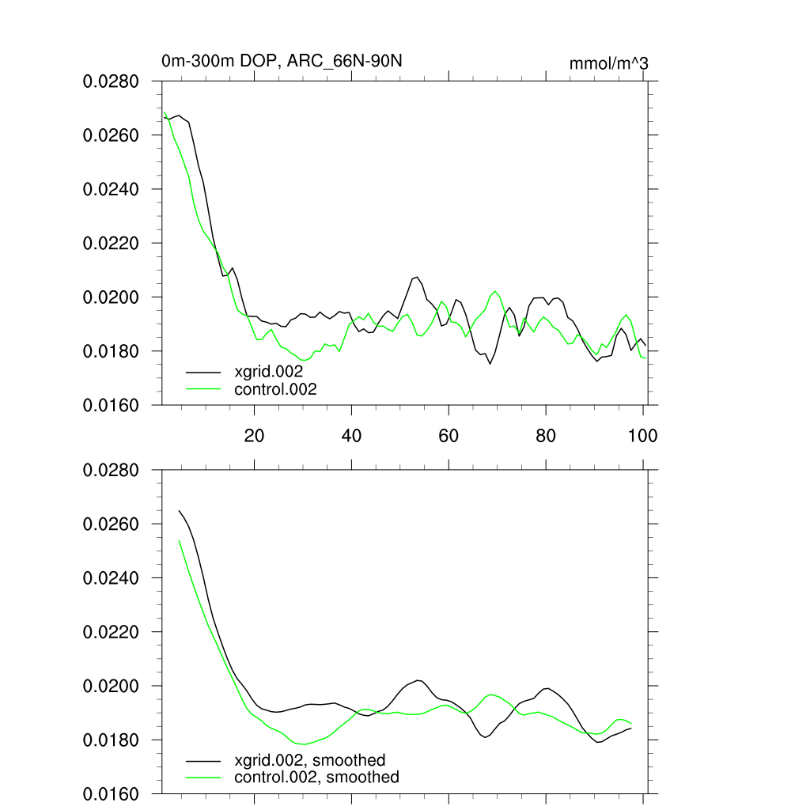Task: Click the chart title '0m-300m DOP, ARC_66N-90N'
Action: (287, 61)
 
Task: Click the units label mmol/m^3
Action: (608, 63)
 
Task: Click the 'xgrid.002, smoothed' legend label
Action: (310, 760)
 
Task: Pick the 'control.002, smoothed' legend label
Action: (317, 778)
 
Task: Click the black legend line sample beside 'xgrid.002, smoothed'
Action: (203, 760)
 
